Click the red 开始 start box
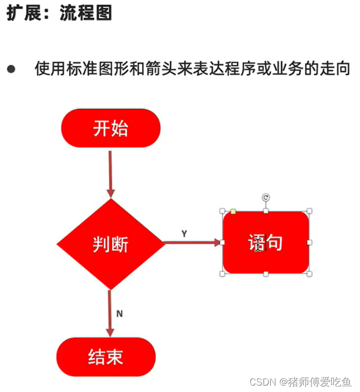click(x=111, y=128)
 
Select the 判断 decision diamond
click(x=110, y=244)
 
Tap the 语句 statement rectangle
click(x=265, y=243)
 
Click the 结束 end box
click(x=106, y=357)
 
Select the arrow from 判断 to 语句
click(x=192, y=243)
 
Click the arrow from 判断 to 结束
click(x=110, y=313)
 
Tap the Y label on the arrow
click(x=184, y=234)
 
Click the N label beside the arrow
click(x=119, y=314)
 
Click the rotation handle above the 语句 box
click(x=266, y=198)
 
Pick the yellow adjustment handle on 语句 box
click(x=233, y=212)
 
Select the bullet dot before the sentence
click(x=11, y=70)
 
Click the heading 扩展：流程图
click(x=59, y=13)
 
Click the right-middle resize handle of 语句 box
click(x=310, y=243)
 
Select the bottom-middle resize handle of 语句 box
click(x=266, y=274)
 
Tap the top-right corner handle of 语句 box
click(x=310, y=211)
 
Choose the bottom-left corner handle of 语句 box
click(x=222, y=274)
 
